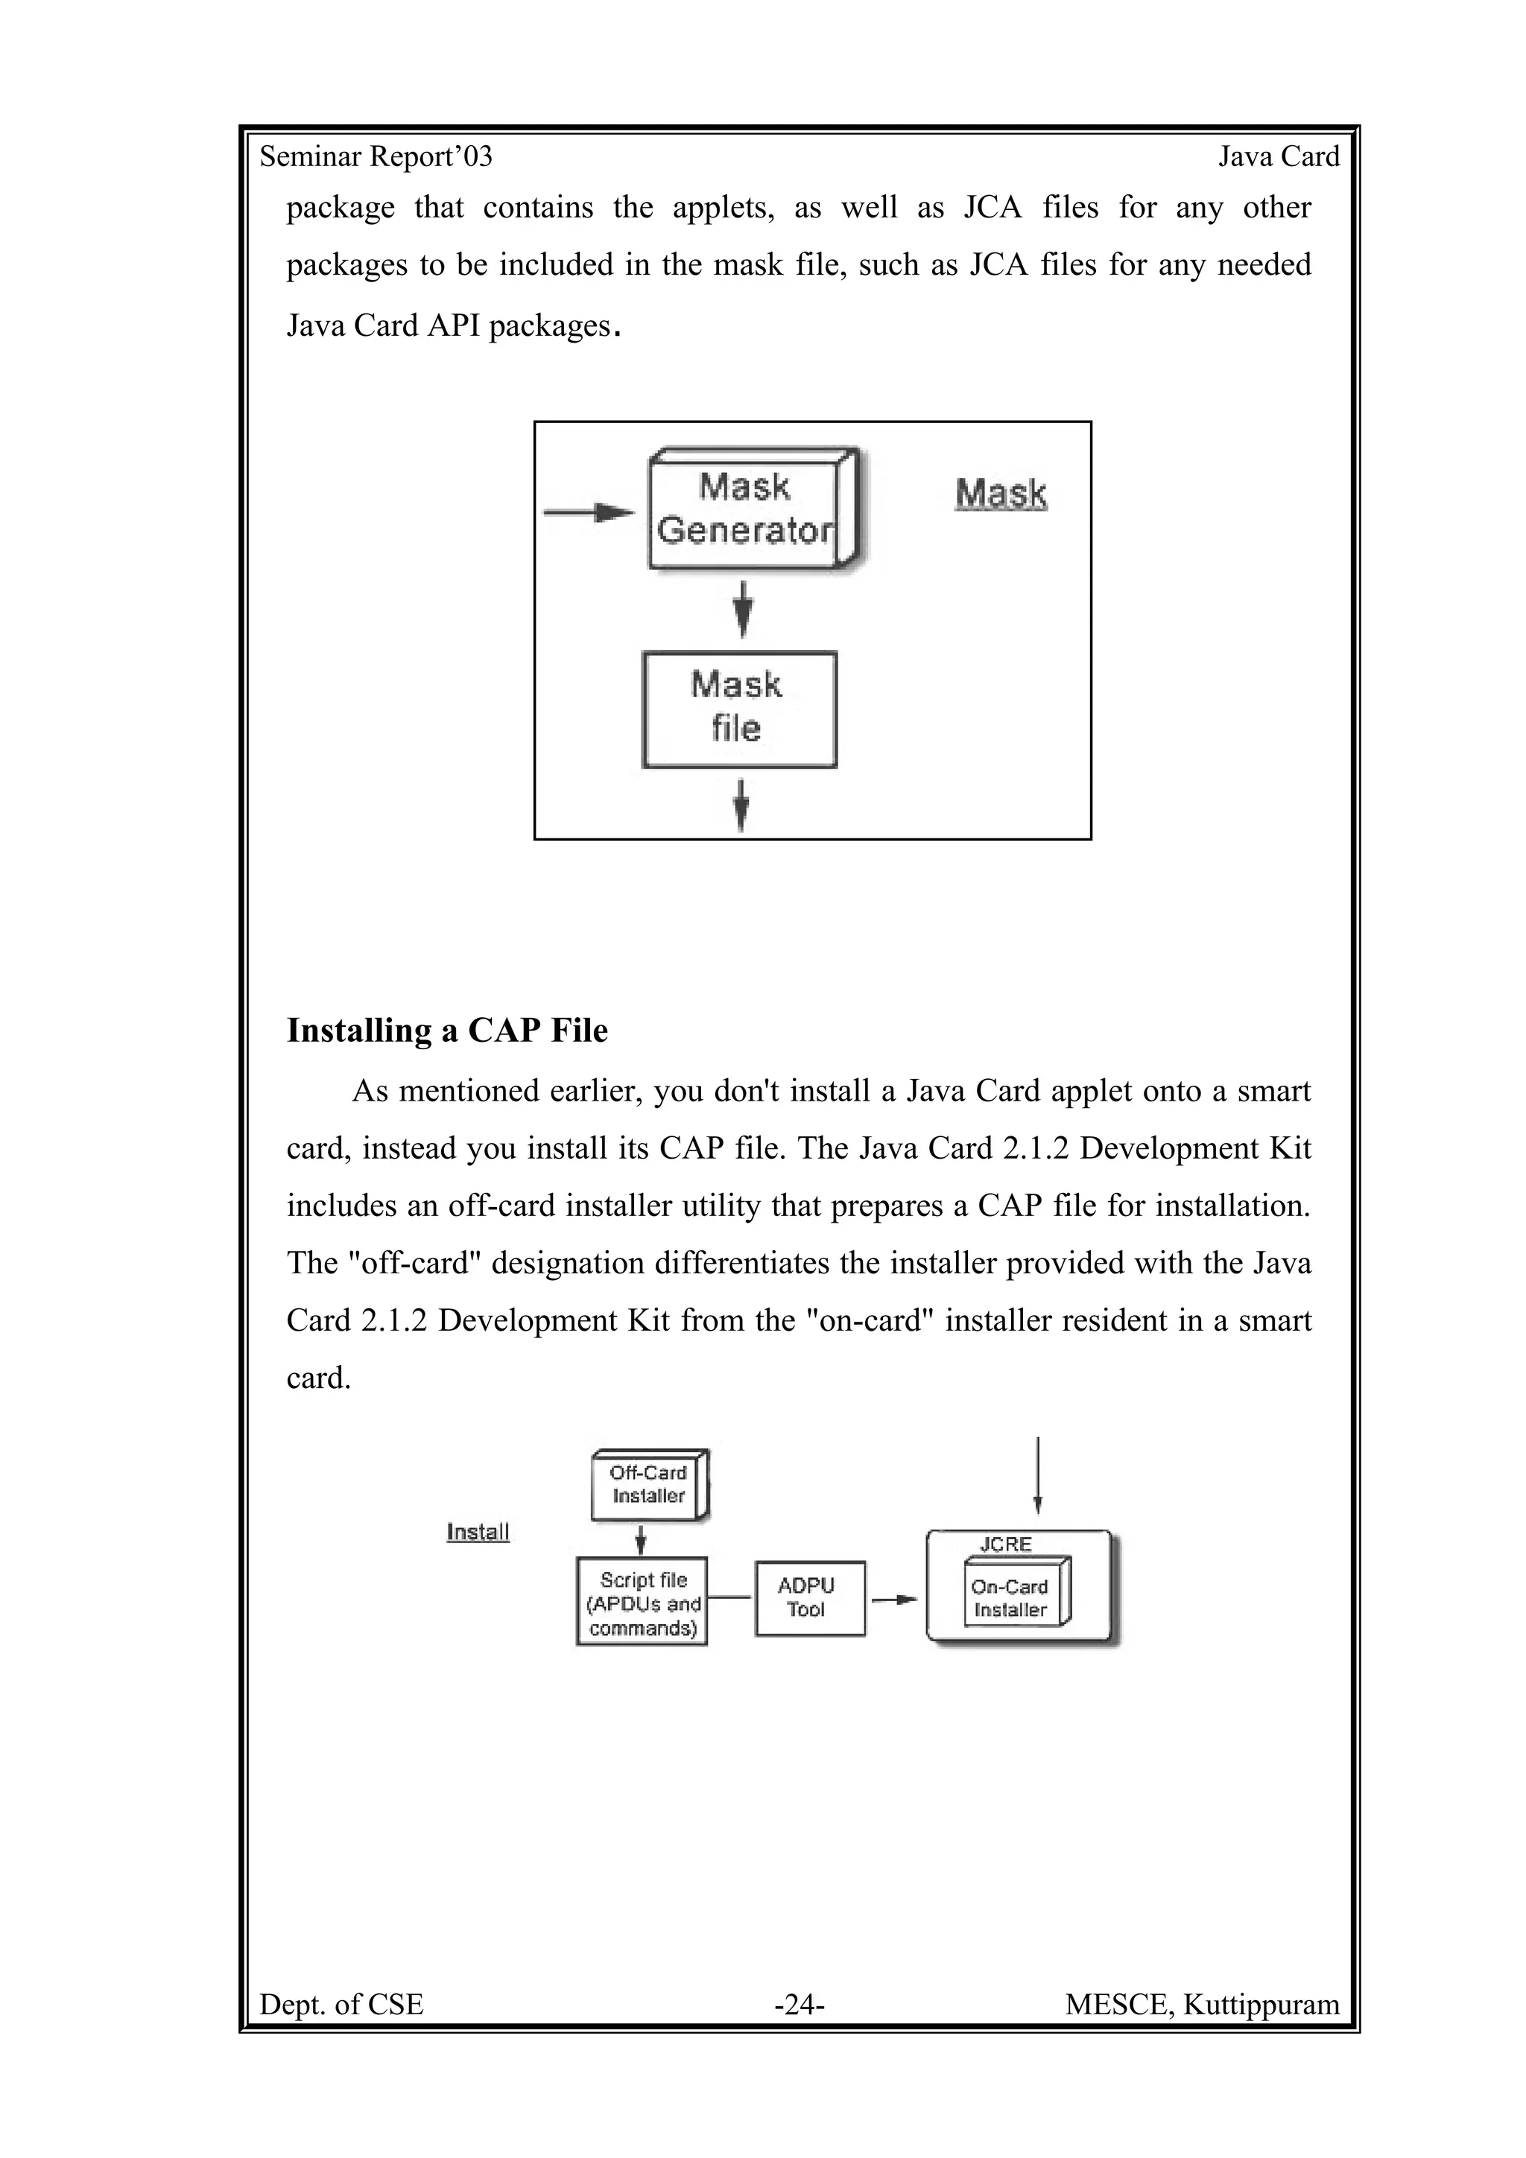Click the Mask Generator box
[750, 509]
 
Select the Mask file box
[739, 709]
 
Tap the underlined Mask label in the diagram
[1001, 494]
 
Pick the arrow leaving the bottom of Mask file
[741, 803]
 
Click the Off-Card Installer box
[649, 1485]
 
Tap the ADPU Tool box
[808, 1598]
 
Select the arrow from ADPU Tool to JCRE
[894, 1599]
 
